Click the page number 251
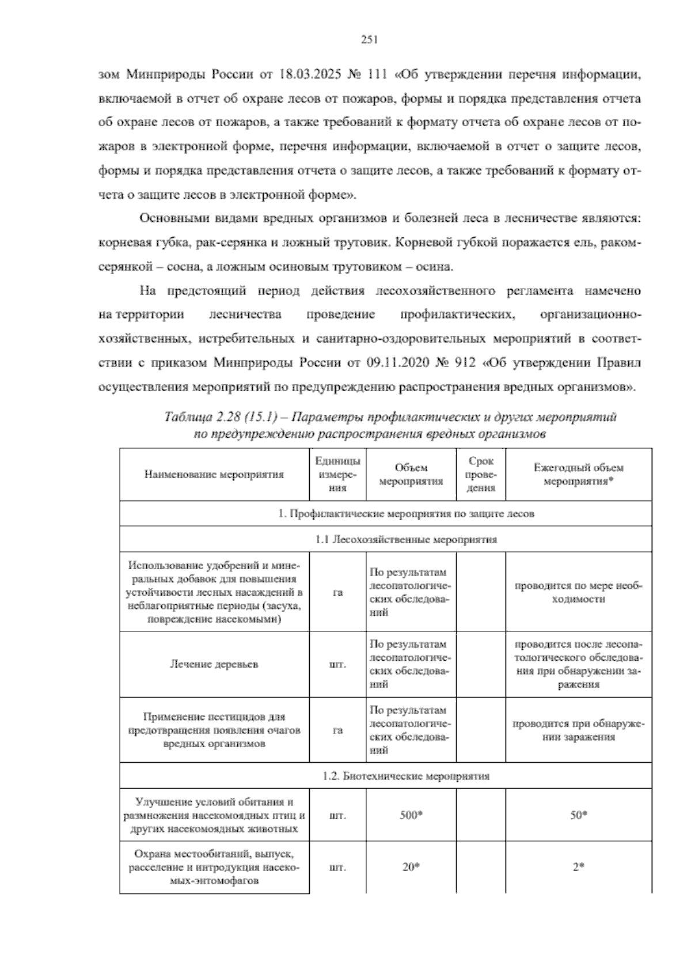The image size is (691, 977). [x=369, y=40]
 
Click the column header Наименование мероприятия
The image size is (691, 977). [x=214, y=475]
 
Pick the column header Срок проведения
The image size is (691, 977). [x=481, y=475]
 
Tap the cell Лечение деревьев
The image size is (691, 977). [x=214, y=664]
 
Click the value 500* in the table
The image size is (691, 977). [x=411, y=815]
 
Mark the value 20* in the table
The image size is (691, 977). [x=411, y=867]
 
